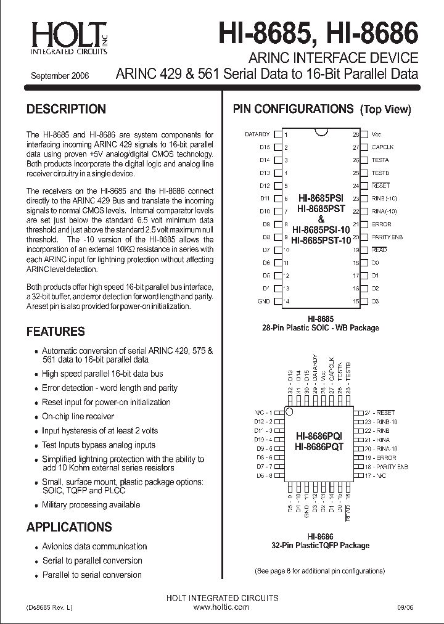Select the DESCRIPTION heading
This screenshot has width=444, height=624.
coord(66,109)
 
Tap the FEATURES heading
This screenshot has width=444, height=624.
coord(55,332)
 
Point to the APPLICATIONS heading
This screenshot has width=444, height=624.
coord(69,527)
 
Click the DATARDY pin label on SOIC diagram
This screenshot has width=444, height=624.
coord(257,134)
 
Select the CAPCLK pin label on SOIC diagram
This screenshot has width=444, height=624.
coord(383,147)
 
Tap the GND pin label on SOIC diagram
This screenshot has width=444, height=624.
coord(264,302)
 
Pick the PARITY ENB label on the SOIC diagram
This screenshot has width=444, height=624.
coord(387,237)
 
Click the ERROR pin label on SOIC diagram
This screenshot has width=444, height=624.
coord(381,224)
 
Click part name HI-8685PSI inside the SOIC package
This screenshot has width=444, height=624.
coord(321,199)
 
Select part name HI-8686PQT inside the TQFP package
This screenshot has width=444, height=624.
coord(318,447)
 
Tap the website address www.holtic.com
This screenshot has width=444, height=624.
coord(221,607)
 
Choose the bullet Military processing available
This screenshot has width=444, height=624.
coord(91,505)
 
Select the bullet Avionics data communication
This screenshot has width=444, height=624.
coord(94,546)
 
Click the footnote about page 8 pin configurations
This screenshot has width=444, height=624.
coord(319,572)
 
